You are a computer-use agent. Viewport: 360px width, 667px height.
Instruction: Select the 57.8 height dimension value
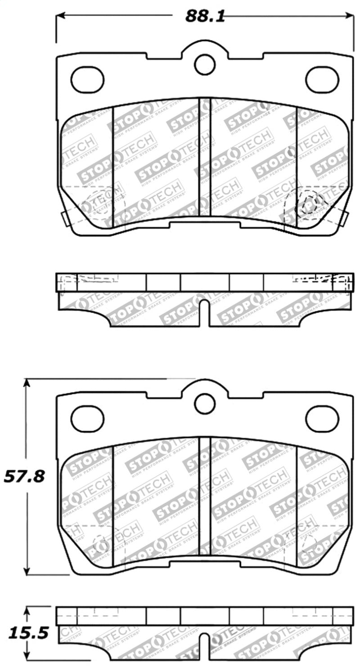[24, 476]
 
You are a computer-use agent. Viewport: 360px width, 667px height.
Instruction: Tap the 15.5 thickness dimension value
[24, 633]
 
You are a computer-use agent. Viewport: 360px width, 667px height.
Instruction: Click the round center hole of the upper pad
[205, 64]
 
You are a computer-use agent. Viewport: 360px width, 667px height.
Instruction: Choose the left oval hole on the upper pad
[87, 79]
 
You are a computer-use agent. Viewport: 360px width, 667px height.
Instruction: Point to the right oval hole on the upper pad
[322, 79]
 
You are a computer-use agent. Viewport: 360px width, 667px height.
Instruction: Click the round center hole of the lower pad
[205, 403]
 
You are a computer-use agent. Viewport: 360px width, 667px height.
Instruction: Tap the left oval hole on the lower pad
[87, 418]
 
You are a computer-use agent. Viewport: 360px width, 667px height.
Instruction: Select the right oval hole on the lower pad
[322, 418]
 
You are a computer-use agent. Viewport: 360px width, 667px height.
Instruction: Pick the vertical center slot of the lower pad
[205, 495]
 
